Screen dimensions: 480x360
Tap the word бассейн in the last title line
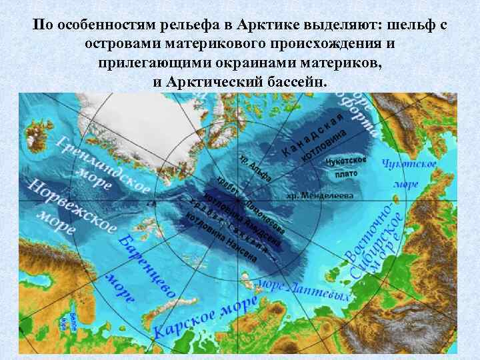294,81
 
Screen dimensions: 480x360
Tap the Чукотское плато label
346,167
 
